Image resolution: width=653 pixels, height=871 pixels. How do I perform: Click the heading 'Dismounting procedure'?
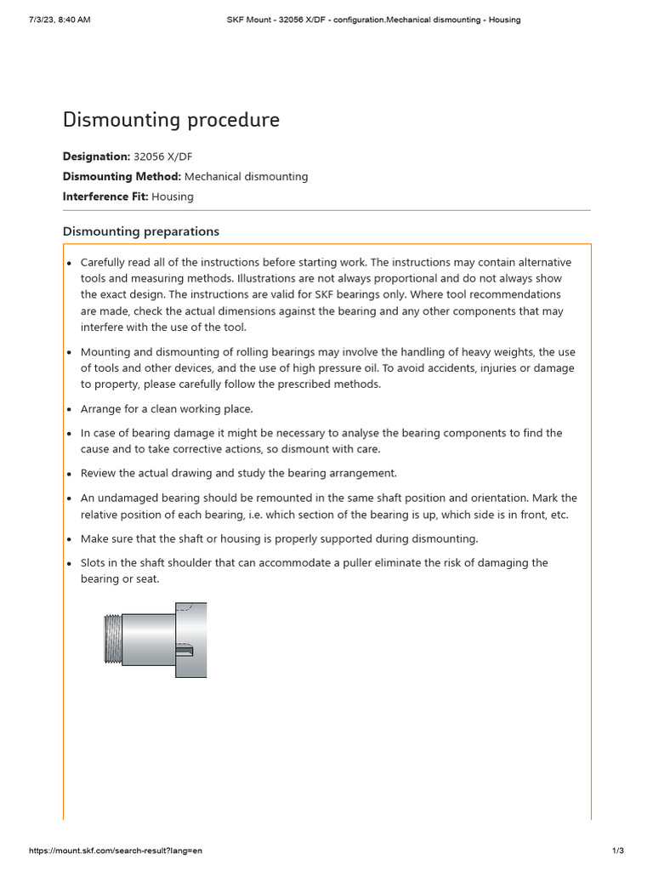coord(171,121)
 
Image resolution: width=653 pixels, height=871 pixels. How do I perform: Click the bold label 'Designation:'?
coord(95,157)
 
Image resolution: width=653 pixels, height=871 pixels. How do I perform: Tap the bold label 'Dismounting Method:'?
coord(122,177)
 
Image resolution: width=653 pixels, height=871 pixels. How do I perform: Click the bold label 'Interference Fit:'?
coord(105,196)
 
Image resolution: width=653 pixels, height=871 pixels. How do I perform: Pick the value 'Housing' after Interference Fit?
coord(173,196)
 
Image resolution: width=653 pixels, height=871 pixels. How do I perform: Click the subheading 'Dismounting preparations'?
coord(141,231)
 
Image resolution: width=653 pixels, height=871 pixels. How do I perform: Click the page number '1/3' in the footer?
coord(618,851)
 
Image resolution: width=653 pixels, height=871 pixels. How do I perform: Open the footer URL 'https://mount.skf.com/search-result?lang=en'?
coord(116,851)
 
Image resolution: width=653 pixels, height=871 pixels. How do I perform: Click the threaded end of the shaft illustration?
coord(112,640)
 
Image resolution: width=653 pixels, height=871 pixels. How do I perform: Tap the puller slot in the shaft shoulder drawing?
coord(185,652)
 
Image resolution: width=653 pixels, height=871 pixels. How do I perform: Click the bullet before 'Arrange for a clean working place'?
coord(70,410)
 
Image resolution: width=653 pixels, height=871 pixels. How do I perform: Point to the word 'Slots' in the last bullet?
coord(94,563)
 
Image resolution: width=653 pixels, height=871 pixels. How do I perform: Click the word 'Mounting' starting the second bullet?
coord(106,351)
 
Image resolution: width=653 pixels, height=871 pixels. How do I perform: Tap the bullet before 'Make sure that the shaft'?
coord(70,539)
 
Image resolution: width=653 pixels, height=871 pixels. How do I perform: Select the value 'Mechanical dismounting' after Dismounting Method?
coord(246,177)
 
